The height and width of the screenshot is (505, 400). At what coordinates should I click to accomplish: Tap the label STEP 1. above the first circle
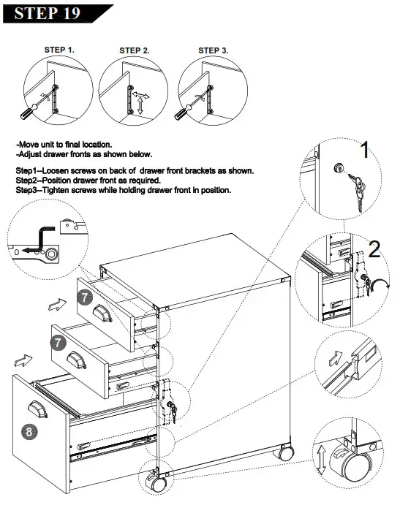pyautogui.click(x=60, y=50)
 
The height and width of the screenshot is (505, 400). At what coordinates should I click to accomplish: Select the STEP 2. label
pyautogui.click(x=134, y=50)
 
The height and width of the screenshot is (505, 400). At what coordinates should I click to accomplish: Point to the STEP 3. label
pyautogui.click(x=214, y=50)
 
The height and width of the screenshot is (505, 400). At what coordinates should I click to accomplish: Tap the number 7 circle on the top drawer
pyautogui.click(x=85, y=297)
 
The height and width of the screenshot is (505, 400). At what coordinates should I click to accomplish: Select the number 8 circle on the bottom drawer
pyautogui.click(x=29, y=431)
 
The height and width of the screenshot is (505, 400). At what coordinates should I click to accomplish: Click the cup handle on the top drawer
pyautogui.click(x=102, y=314)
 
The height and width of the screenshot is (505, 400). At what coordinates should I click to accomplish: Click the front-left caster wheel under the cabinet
pyautogui.click(x=156, y=483)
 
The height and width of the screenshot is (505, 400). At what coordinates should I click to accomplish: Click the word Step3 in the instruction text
pyautogui.click(x=27, y=190)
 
